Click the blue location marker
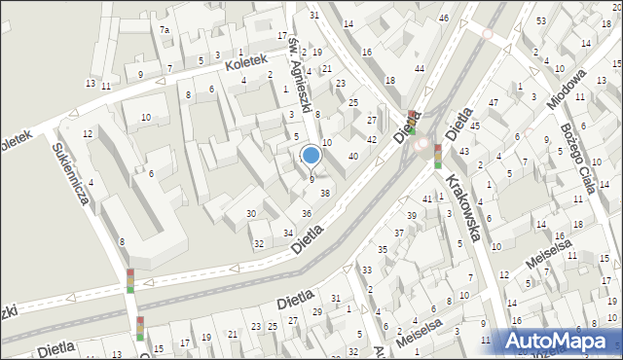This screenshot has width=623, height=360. pos(311,154)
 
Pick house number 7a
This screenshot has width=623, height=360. pos(165,30)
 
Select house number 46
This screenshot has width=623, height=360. pos(444,18)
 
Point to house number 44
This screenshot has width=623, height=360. pos(419,68)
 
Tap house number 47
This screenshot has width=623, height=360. pos(494,102)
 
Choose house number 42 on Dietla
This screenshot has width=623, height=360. pos(371,140)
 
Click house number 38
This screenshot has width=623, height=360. pos(325,193)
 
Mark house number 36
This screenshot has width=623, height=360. pos(307,213)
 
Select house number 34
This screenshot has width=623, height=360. pos(288,233)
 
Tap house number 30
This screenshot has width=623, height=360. pos(251,213)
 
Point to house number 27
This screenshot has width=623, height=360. pos(372,120)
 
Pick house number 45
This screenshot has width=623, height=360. pos(474,125)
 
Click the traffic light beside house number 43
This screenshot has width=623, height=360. pos(438,155)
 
